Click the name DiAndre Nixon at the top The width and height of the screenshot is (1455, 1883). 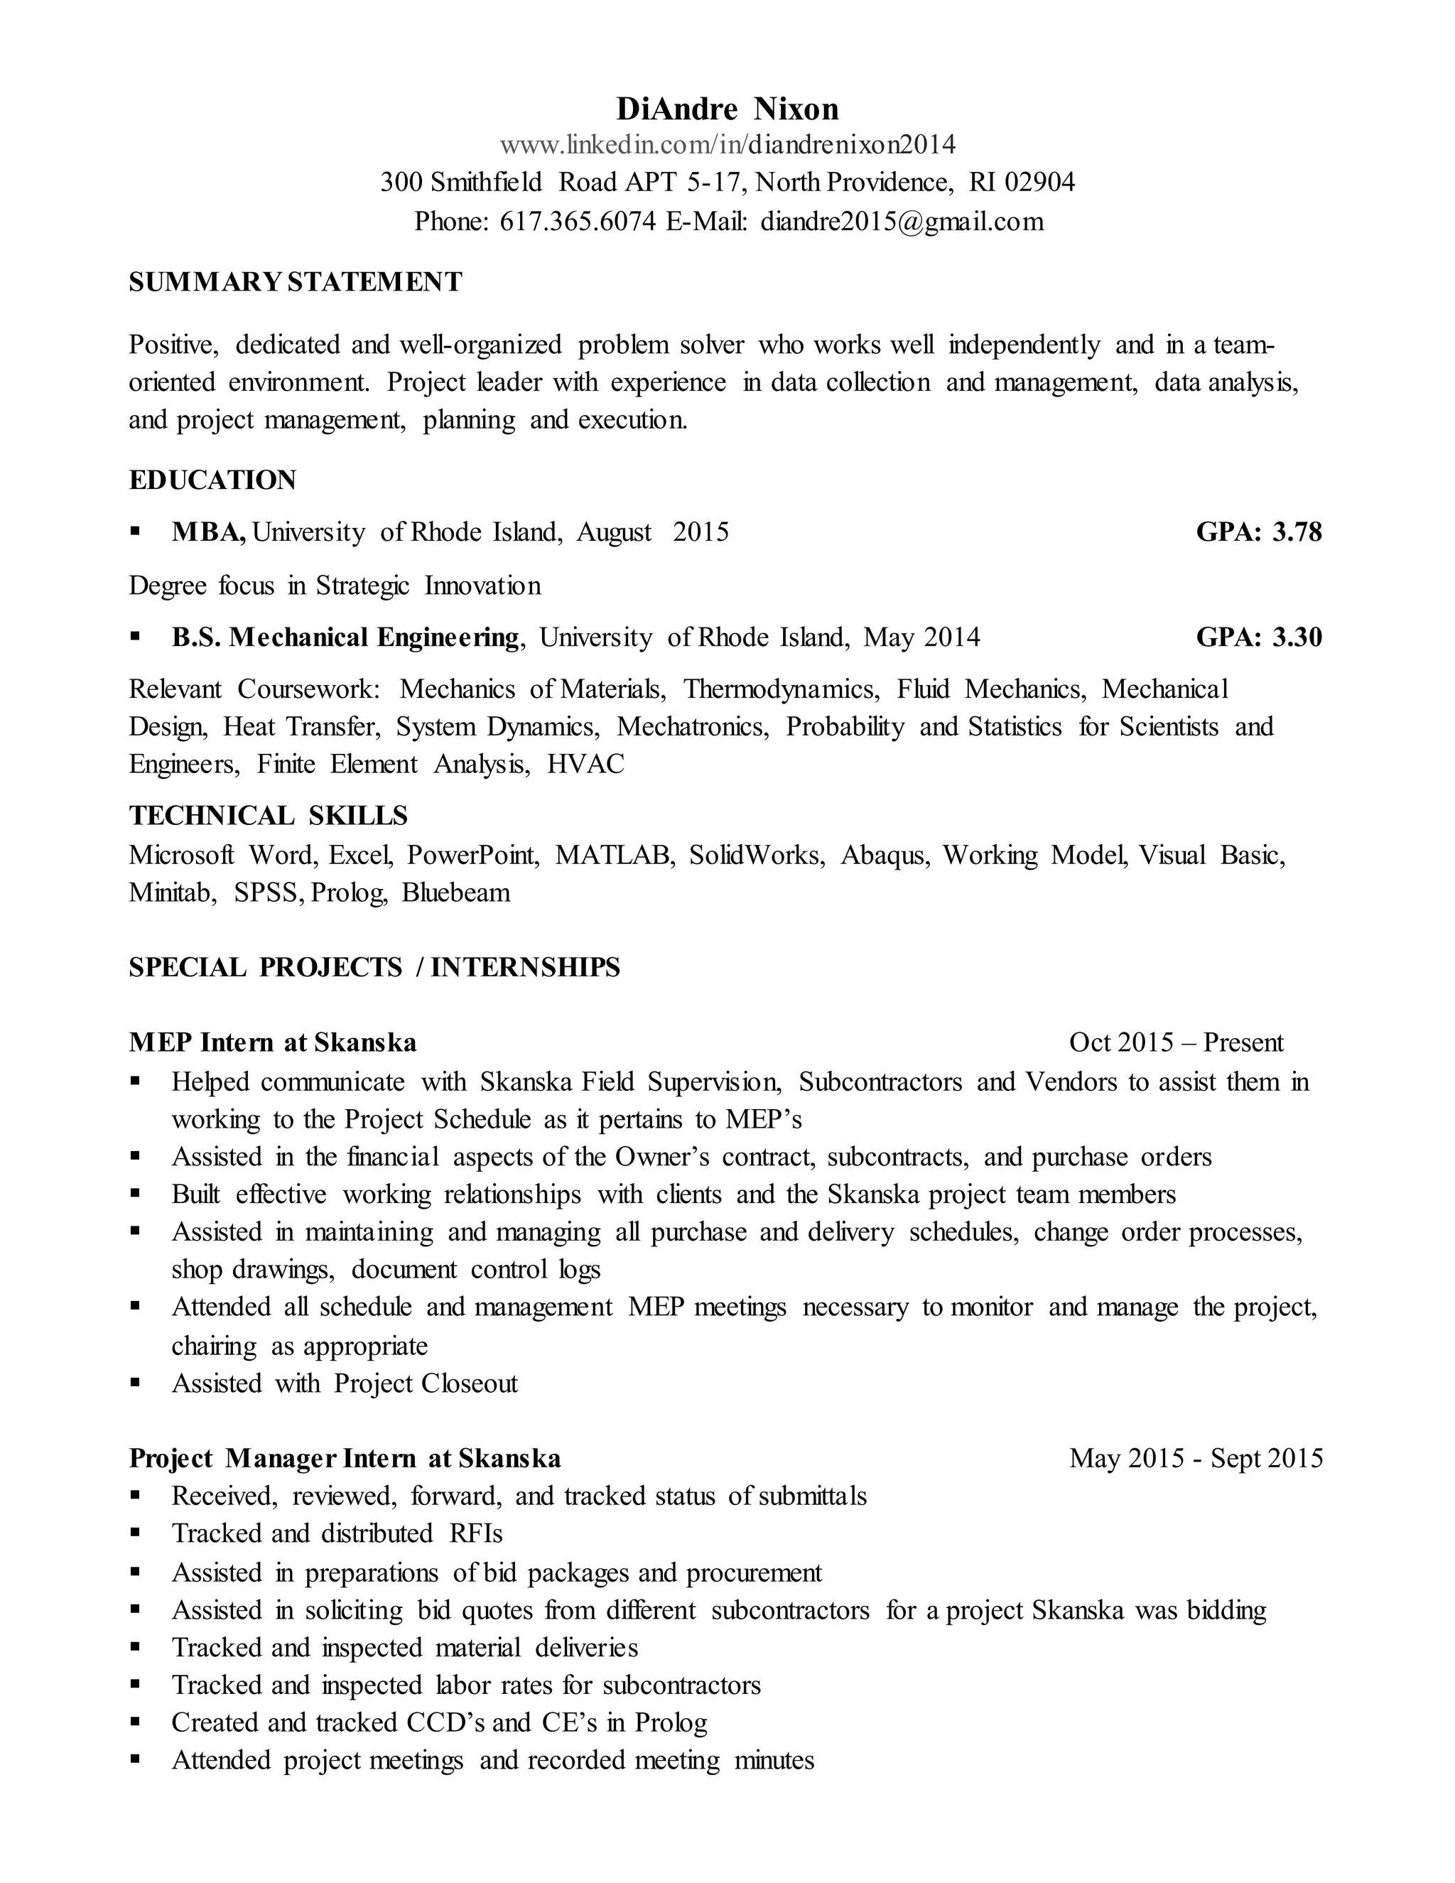coord(727,109)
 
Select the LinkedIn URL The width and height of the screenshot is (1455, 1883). coord(727,144)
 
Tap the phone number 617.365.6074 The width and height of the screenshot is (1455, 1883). coord(577,222)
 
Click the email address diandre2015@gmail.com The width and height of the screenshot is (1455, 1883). coord(901,222)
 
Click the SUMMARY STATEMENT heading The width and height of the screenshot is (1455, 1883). coord(295,282)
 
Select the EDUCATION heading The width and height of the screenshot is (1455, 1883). coord(212,480)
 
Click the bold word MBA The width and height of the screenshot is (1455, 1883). coord(207,532)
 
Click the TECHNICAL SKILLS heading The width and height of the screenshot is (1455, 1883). coord(268,816)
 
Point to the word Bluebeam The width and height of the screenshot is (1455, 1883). coord(455,892)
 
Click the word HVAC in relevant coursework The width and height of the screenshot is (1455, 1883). coord(585,765)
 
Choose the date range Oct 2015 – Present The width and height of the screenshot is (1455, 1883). coord(1176,1042)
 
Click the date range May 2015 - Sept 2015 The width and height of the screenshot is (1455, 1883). coord(1196,1458)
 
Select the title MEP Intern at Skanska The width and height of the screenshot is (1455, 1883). coord(272,1042)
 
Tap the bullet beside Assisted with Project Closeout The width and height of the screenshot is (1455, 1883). coord(135,1383)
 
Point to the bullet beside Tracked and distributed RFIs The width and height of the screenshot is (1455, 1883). coord(135,1533)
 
